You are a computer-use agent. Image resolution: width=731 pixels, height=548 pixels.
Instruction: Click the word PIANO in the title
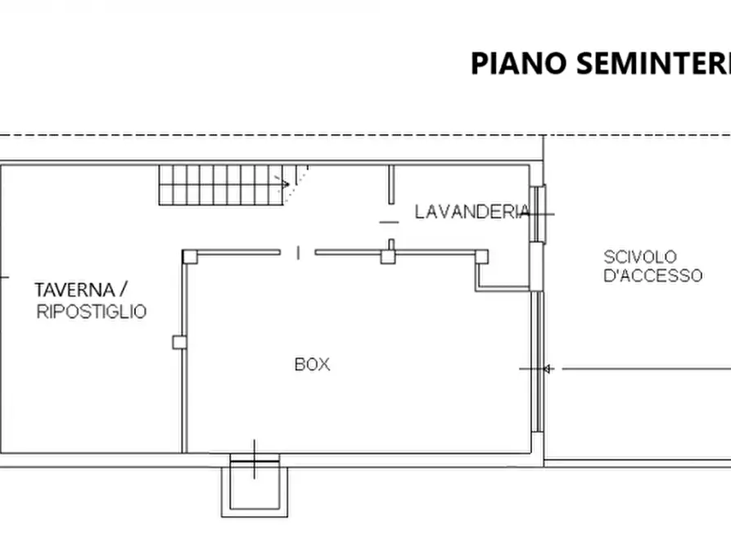point(519,63)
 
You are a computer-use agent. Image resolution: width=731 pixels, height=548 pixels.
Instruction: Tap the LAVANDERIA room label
point(472,213)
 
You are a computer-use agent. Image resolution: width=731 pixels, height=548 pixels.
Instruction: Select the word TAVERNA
point(74,290)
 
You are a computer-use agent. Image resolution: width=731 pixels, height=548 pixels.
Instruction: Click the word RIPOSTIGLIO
point(92,312)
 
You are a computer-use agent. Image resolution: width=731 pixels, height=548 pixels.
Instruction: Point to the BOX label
point(312,365)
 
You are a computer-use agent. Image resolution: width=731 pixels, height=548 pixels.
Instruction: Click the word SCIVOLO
point(640,257)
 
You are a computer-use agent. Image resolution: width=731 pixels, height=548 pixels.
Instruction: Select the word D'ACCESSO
point(652,276)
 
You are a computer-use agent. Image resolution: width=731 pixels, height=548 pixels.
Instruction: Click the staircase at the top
point(221,184)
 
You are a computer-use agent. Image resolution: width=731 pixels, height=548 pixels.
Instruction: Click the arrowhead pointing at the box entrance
point(548,369)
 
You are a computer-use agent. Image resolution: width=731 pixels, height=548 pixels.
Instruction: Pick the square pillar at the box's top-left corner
point(190,256)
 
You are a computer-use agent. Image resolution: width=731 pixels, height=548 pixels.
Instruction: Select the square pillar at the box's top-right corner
point(481,256)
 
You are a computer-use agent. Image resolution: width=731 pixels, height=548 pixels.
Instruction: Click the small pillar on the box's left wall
point(179,342)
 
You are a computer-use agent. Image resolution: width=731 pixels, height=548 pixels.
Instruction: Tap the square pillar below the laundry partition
point(388,257)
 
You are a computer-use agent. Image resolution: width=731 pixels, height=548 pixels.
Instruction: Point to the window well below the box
point(254,486)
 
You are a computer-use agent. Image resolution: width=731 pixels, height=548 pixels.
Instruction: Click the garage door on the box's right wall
point(537,360)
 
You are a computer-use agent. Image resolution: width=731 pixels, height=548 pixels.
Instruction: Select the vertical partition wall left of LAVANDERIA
point(391,186)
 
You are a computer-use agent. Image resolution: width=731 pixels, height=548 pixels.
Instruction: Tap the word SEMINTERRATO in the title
point(655,63)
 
